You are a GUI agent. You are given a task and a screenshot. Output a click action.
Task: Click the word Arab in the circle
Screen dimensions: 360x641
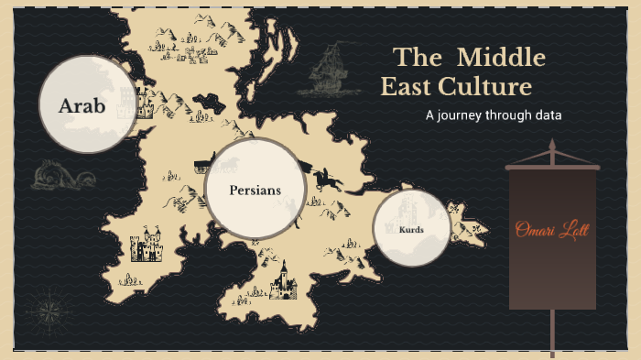[x=82, y=106]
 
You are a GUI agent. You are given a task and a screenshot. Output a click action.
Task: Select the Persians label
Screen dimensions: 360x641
[x=255, y=191]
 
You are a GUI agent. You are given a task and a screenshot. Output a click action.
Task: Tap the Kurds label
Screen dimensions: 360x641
[x=411, y=229]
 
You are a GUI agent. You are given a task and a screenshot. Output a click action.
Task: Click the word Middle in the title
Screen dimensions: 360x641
[x=501, y=59]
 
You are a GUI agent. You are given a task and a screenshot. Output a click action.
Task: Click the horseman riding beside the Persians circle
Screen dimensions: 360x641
[x=325, y=178]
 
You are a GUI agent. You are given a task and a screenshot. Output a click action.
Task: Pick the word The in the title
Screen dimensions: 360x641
[x=418, y=59]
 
